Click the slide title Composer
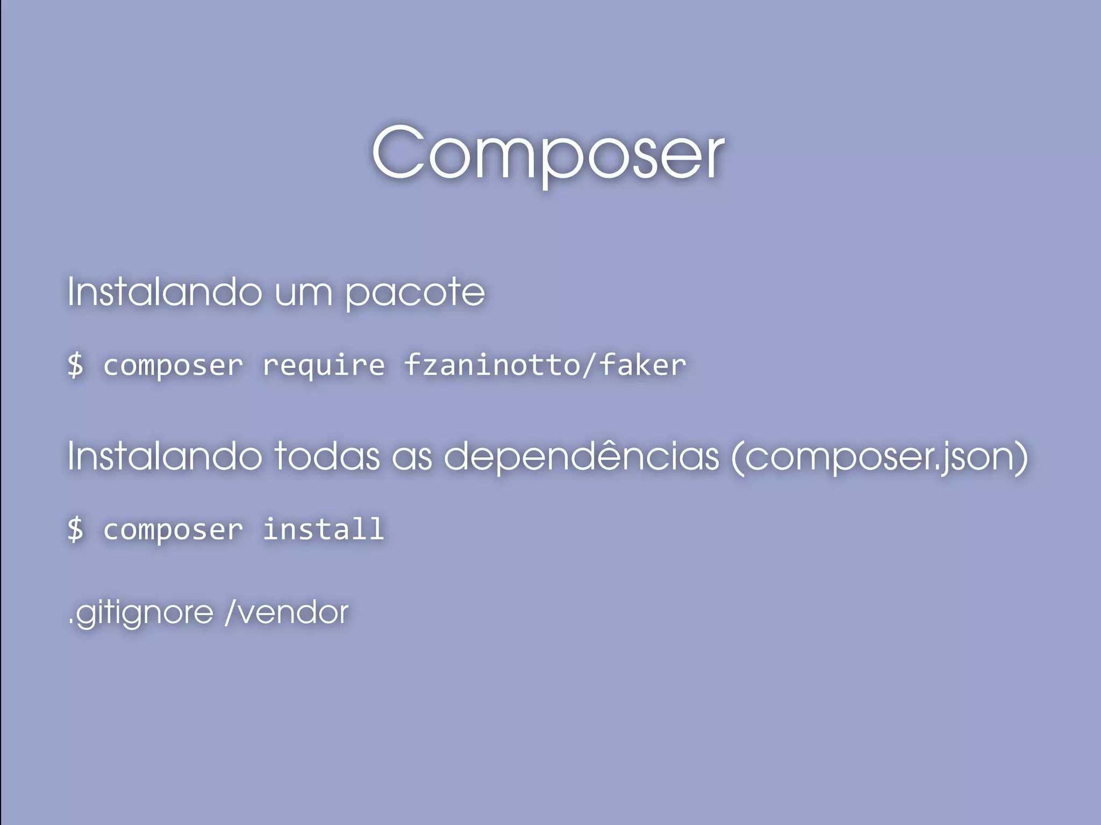[x=548, y=153]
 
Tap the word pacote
[x=414, y=292]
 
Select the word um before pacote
[x=303, y=293]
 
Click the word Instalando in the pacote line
[x=165, y=292]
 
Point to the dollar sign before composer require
[x=76, y=365]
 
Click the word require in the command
[x=324, y=365]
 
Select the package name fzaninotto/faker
[x=545, y=365]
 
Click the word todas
[x=327, y=457]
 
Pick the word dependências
[x=582, y=457]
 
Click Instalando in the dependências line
[x=165, y=457]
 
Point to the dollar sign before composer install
[x=76, y=529]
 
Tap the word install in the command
[x=324, y=529]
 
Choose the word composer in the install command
[x=173, y=530]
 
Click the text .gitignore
[x=141, y=613]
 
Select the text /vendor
[x=287, y=612]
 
